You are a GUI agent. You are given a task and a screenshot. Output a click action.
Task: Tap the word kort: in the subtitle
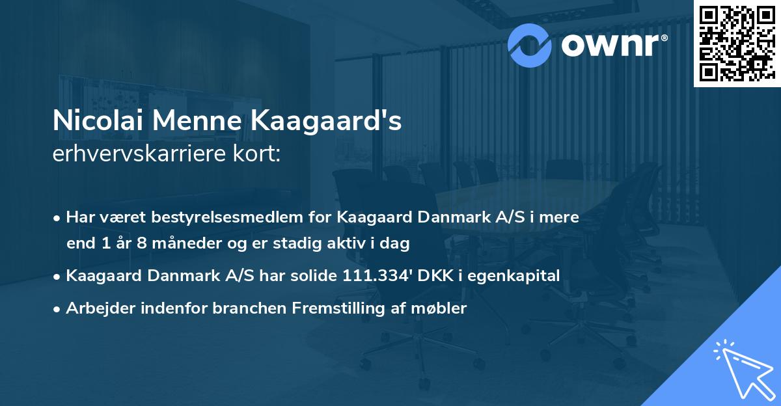tap(258, 155)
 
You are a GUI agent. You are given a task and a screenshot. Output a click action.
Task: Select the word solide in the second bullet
tap(314, 275)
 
